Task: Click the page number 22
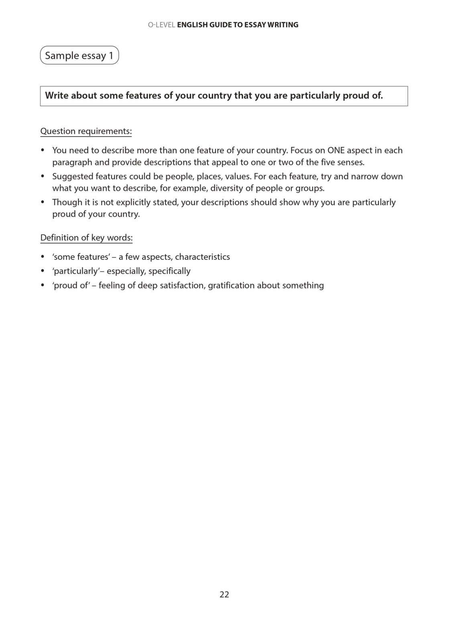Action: pyautogui.click(x=224, y=595)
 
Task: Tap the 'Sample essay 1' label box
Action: pyautogui.click(x=79, y=55)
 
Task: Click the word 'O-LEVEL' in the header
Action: pyautogui.click(x=161, y=25)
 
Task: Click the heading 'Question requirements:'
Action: pyautogui.click(x=86, y=131)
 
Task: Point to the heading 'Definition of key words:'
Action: pyautogui.click(x=86, y=238)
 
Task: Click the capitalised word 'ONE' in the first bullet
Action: pyautogui.click(x=336, y=151)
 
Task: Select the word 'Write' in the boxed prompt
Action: pyautogui.click(x=57, y=96)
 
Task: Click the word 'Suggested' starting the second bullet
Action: pyautogui.click(x=71, y=177)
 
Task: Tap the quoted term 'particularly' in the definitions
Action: pyautogui.click(x=76, y=271)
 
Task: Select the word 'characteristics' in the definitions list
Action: pyautogui.click(x=202, y=257)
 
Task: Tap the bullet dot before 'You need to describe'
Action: pyautogui.click(x=43, y=151)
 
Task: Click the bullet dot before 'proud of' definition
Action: pyautogui.click(x=43, y=286)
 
